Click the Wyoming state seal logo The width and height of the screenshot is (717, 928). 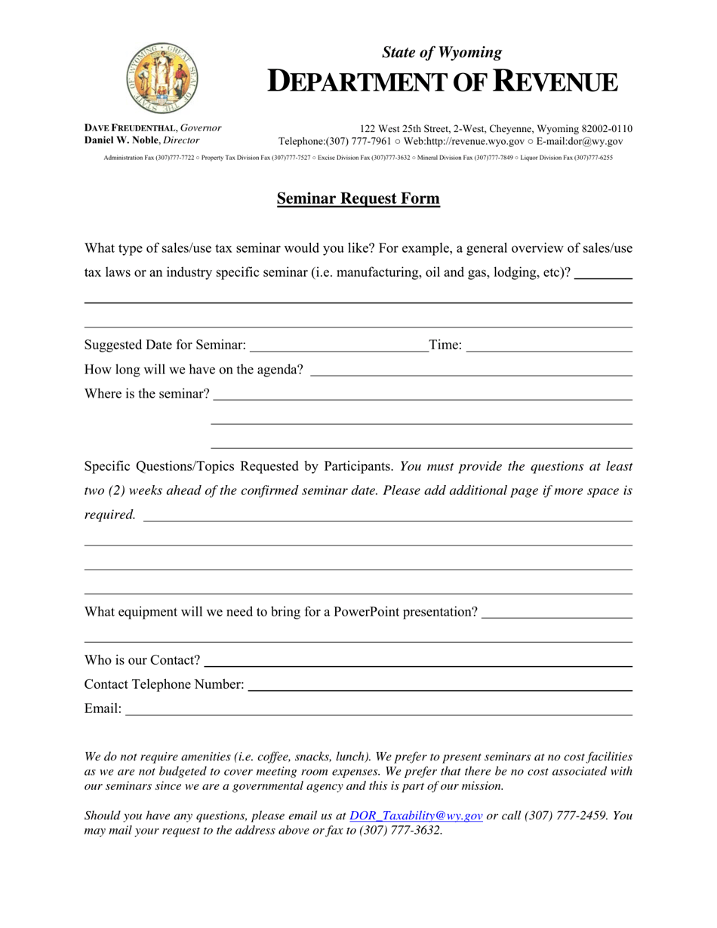pyautogui.click(x=161, y=76)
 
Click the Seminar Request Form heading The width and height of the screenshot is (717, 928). pyautogui.click(x=358, y=199)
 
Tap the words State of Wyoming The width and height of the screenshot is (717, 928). pyautogui.click(x=442, y=53)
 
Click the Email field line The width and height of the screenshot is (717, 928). pyautogui.click(x=377, y=711)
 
